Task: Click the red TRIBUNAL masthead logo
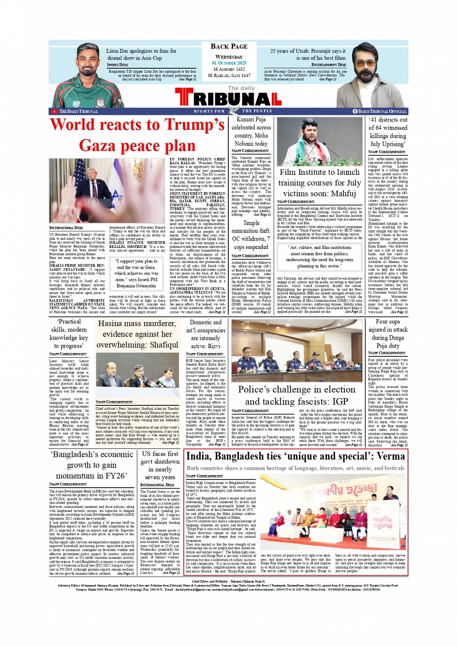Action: [x=228, y=99]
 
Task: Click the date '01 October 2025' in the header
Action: [x=229, y=63]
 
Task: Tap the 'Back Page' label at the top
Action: [x=229, y=46]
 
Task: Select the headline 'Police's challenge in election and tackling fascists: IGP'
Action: [x=296, y=395]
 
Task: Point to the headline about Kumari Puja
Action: [x=251, y=131]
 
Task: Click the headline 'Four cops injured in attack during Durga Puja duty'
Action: [x=388, y=333]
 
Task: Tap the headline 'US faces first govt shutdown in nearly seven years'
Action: [x=160, y=465]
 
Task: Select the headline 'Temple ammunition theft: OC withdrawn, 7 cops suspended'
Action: [x=251, y=235]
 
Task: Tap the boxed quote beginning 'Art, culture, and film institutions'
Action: [x=319, y=257]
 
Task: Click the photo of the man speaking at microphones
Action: [x=320, y=141]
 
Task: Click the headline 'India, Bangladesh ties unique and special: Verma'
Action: [x=295, y=456]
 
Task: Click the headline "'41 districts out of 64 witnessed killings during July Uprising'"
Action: [x=388, y=132]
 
